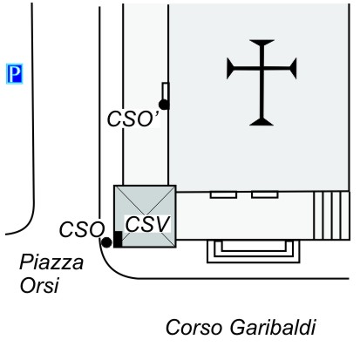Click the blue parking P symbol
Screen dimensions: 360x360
point(15,74)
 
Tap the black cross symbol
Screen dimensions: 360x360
point(262,83)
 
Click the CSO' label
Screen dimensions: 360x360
point(133,119)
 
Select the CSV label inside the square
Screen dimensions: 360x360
point(147,224)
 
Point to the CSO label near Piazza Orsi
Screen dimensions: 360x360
point(82,229)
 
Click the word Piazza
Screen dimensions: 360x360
point(51,262)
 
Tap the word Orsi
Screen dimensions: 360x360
point(39,285)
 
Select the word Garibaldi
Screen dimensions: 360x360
point(273,328)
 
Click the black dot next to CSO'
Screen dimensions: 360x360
point(164,105)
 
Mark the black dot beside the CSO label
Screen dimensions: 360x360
point(106,242)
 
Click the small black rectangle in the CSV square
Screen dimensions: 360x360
point(118,240)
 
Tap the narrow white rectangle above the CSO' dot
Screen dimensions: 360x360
point(166,92)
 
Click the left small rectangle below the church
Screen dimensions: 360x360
point(223,194)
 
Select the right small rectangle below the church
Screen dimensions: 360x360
point(265,194)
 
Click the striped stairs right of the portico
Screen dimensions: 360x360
point(332,215)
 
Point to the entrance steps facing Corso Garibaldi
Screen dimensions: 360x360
point(253,252)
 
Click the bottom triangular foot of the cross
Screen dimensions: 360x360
point(262,122)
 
